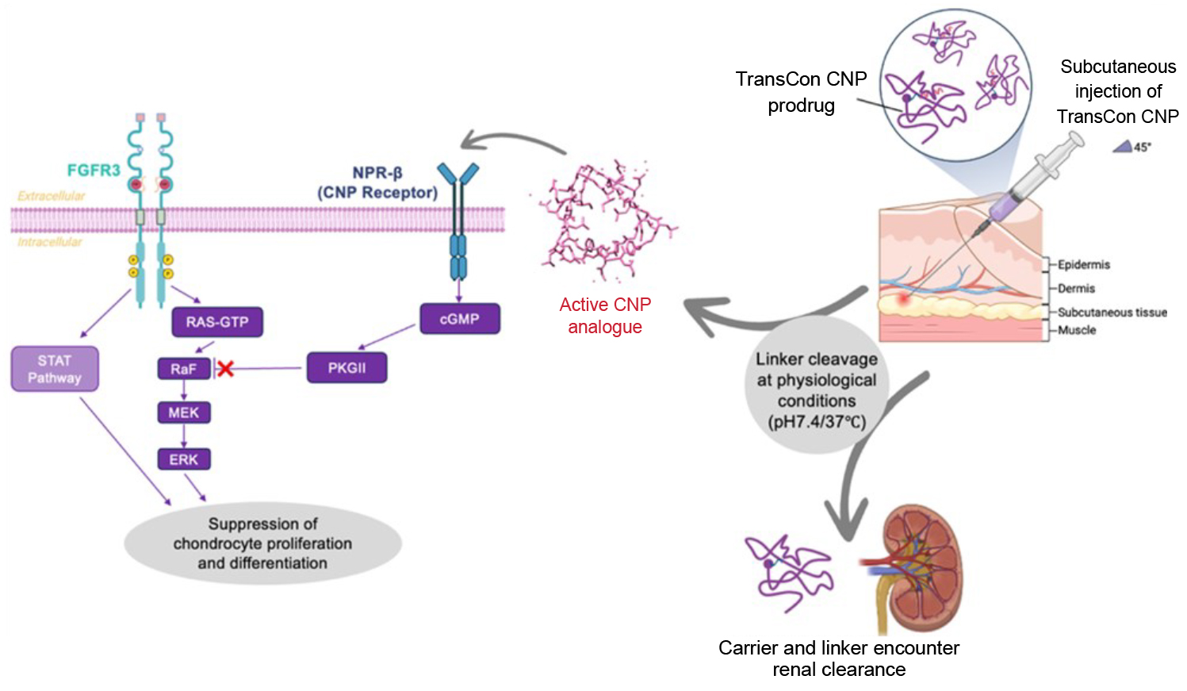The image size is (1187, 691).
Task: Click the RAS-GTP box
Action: (217, 322)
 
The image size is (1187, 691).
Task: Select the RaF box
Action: (184, 369)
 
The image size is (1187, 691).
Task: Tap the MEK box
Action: (184, 413)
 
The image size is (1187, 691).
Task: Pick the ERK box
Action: (184, 459)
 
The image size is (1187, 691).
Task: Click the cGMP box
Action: (460, 319)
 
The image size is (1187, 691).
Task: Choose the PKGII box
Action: (347, 368)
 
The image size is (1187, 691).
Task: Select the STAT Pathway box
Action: (55, 369)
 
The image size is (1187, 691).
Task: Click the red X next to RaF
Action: (226, 368)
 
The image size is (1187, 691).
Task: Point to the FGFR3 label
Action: (94, 170)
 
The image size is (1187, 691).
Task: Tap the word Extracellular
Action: (52, 195)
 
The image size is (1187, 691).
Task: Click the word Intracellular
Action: (50, 241)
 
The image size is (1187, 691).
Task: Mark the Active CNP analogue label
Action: (605, 316)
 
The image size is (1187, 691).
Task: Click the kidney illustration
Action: (920, 567)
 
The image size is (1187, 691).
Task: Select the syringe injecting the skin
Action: (1031, 179)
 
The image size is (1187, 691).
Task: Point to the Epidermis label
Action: (1084, 264)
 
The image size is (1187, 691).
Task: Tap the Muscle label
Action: (1077, 330)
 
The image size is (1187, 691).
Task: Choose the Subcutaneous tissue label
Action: (1112, 313)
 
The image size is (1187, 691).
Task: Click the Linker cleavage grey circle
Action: (817, 390)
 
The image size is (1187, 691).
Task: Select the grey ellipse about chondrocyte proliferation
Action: (262, 543)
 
